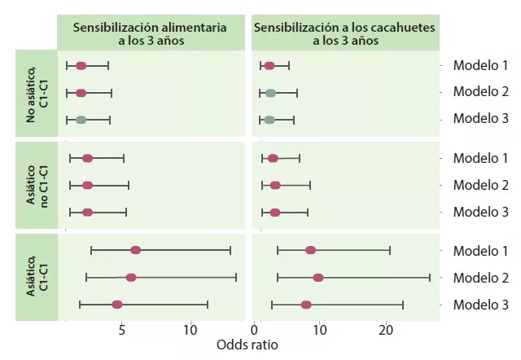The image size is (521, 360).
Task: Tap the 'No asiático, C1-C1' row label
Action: (36, 92)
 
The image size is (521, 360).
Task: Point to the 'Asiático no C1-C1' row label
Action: (36, 185)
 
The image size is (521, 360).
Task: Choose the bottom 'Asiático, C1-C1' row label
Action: (36, 277)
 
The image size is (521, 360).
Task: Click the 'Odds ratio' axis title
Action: (247, 345)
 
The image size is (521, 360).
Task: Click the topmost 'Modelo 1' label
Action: (480, 65)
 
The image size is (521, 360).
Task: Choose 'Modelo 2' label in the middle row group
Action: (480, 185)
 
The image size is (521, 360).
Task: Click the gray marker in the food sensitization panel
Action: (81, 120)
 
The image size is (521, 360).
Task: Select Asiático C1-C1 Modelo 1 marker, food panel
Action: (136, 250)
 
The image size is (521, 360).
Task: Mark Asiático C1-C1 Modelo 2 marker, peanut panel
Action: (318, 278)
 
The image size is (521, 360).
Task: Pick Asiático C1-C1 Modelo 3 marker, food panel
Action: (117, 305)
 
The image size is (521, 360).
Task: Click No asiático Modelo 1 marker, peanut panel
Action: (269, 65)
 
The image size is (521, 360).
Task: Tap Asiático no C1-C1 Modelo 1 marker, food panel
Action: (87, 158)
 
